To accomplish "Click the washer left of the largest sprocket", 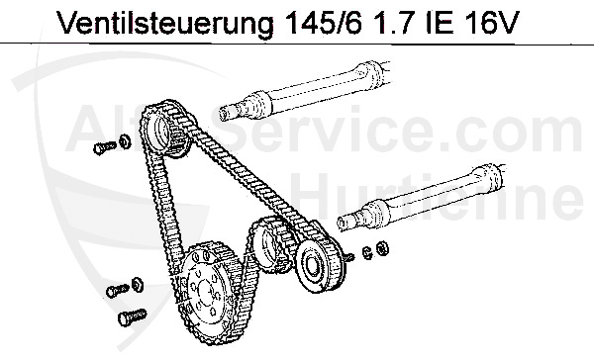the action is pos(137,285).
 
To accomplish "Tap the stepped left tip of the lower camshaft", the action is pos(349,220).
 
